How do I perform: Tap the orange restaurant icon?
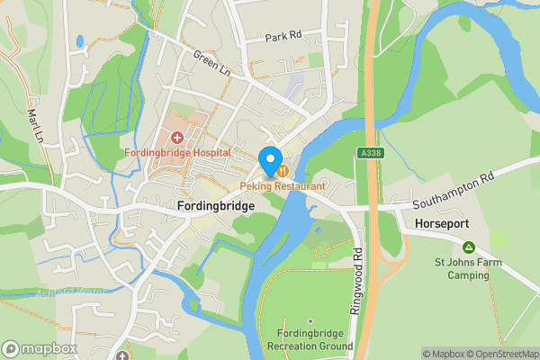(283, 170)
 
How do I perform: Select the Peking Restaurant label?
(283, 185)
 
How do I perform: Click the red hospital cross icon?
(177, 138)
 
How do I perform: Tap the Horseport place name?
(440, 222)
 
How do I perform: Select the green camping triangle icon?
(468, 247)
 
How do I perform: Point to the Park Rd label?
(281, 38)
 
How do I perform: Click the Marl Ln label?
(35, 126)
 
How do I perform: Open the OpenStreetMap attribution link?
(498, 354)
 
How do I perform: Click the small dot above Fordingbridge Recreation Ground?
(310, 320)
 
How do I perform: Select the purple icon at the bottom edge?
(122, 356)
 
